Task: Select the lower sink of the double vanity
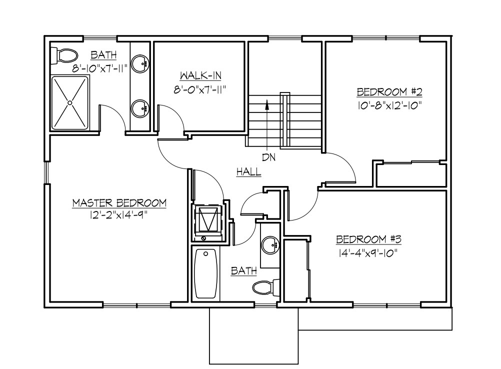(x=140, y=107)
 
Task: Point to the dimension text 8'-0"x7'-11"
(x=200, y=90)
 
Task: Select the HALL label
(x=248, y=171)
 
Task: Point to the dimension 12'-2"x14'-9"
(x=119, y=215)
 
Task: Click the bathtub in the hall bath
(x=205, y=273)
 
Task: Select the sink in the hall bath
(x=270, y=244)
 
